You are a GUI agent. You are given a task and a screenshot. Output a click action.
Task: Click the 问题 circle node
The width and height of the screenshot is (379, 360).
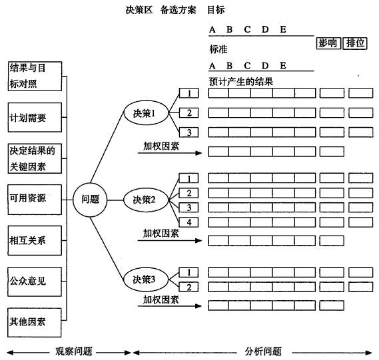tap(90, 200)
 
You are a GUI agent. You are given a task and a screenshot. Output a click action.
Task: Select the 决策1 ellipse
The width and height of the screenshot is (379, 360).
tap(146, 112)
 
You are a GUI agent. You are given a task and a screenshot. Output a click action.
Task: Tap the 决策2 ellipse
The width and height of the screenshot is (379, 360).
tap(146, 200)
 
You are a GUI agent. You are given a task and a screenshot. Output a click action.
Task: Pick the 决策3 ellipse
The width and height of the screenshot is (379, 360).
tap(146, 279)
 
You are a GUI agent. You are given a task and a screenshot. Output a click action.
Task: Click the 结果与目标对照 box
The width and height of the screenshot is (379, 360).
tap(35, 76)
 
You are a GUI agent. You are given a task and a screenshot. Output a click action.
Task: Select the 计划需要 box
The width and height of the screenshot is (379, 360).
tap(35, 117)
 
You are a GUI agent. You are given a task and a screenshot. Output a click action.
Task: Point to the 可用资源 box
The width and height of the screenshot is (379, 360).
tap(35, 200)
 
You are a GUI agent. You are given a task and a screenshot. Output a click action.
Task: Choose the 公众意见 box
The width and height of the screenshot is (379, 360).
tap(35, 281)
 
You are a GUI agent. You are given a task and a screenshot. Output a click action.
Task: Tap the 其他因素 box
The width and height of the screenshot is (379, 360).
tap(35, 323)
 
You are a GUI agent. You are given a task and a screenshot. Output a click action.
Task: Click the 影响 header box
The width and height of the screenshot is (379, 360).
tap(329, 43)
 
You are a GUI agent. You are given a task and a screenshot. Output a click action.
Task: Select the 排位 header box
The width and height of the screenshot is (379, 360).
tap(355, 43)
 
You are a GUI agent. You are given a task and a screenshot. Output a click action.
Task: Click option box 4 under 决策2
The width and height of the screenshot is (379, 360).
tap(189, 222)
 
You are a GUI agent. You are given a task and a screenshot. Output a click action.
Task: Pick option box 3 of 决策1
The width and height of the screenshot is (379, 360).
tap(189, 132)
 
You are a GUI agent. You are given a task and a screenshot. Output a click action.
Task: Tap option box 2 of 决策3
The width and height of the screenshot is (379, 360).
tap(189, 287)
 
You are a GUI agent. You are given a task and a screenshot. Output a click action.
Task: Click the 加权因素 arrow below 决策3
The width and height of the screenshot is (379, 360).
tap(170, 306)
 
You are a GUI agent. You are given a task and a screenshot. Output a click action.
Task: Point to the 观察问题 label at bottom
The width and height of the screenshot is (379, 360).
tap(74, 351)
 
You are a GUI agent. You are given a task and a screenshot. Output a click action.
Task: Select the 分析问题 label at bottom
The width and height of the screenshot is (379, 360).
tap(264, 351)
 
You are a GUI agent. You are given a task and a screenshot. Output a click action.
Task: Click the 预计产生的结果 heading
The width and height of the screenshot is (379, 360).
tap(241, 82)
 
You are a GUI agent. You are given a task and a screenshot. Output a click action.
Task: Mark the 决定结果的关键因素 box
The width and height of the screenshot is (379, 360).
tap(35, 158)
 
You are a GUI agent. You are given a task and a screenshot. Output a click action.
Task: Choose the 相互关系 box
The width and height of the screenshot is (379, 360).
tap(35, 240)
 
